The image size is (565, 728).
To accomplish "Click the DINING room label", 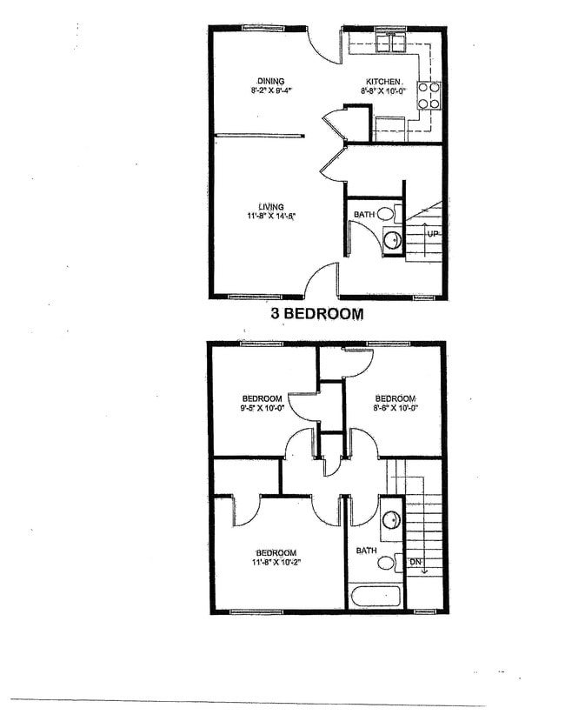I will pos(271,80).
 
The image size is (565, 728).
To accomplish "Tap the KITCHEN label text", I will pos(382,81).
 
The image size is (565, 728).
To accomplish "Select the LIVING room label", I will pos(270,206).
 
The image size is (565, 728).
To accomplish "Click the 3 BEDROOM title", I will pos(316,314).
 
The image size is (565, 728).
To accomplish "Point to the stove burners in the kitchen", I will pos(429,95).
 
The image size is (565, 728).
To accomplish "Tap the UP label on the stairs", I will pos(432,234).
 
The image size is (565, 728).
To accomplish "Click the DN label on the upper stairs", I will pos(415,562).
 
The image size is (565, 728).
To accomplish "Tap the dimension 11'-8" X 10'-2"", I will pos(276,564).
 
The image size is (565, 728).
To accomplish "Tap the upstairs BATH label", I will pos(367,550).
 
